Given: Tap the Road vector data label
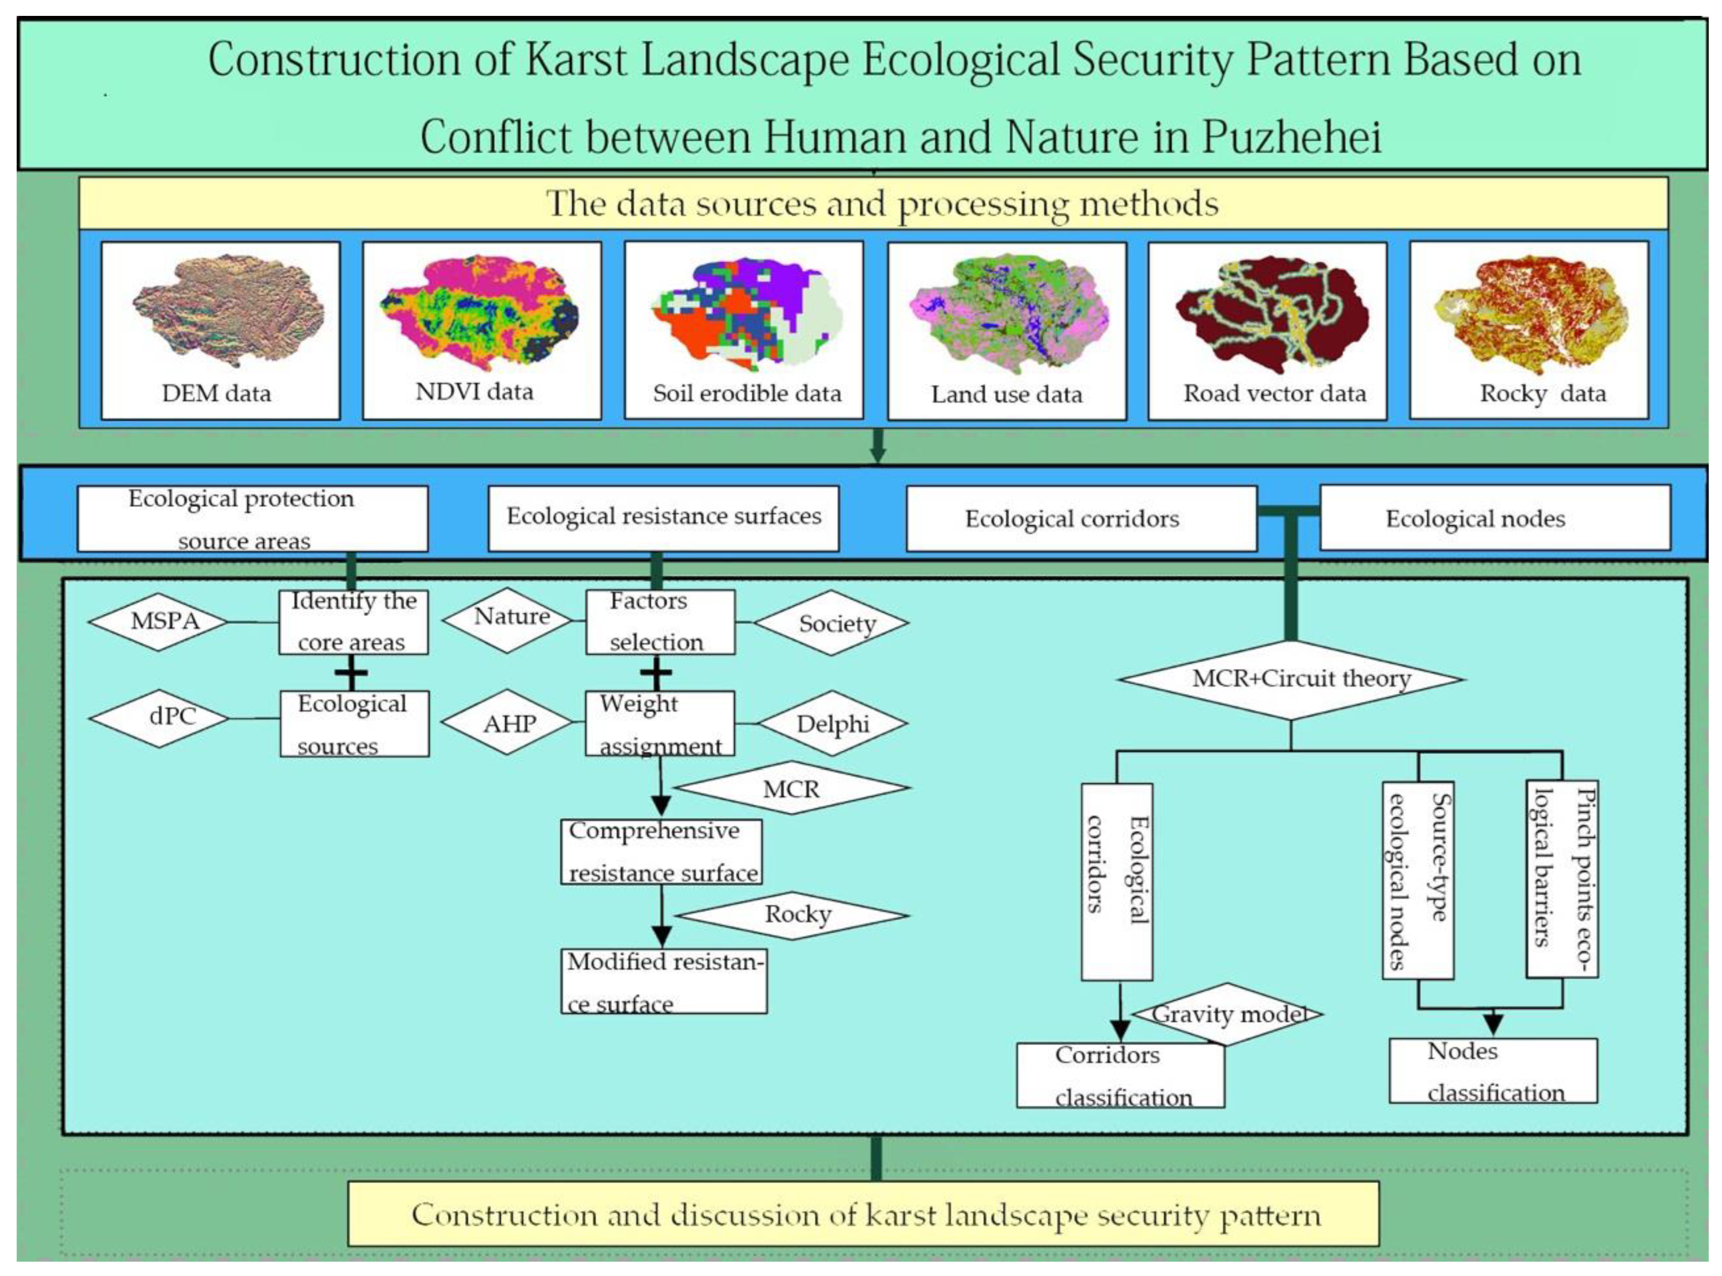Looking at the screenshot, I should coord(1274,394).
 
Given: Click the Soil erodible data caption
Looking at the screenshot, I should coord(747,394).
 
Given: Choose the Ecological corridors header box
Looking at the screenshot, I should coord(1080,518).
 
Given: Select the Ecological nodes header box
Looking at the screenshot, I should coord(1494,518).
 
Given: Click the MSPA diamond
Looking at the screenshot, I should coord(158,622).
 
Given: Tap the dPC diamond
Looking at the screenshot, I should coord(159,717).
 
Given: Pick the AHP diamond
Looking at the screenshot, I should coord(508,724).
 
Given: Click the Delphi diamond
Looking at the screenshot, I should coord(832,724).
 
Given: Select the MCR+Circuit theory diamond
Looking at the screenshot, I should coord(1290,679).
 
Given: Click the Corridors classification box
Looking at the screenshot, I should coord(1120,1075).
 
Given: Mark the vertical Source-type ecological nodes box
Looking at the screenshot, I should coord(1417,880).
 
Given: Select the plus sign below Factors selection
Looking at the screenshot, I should coord(656,673).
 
